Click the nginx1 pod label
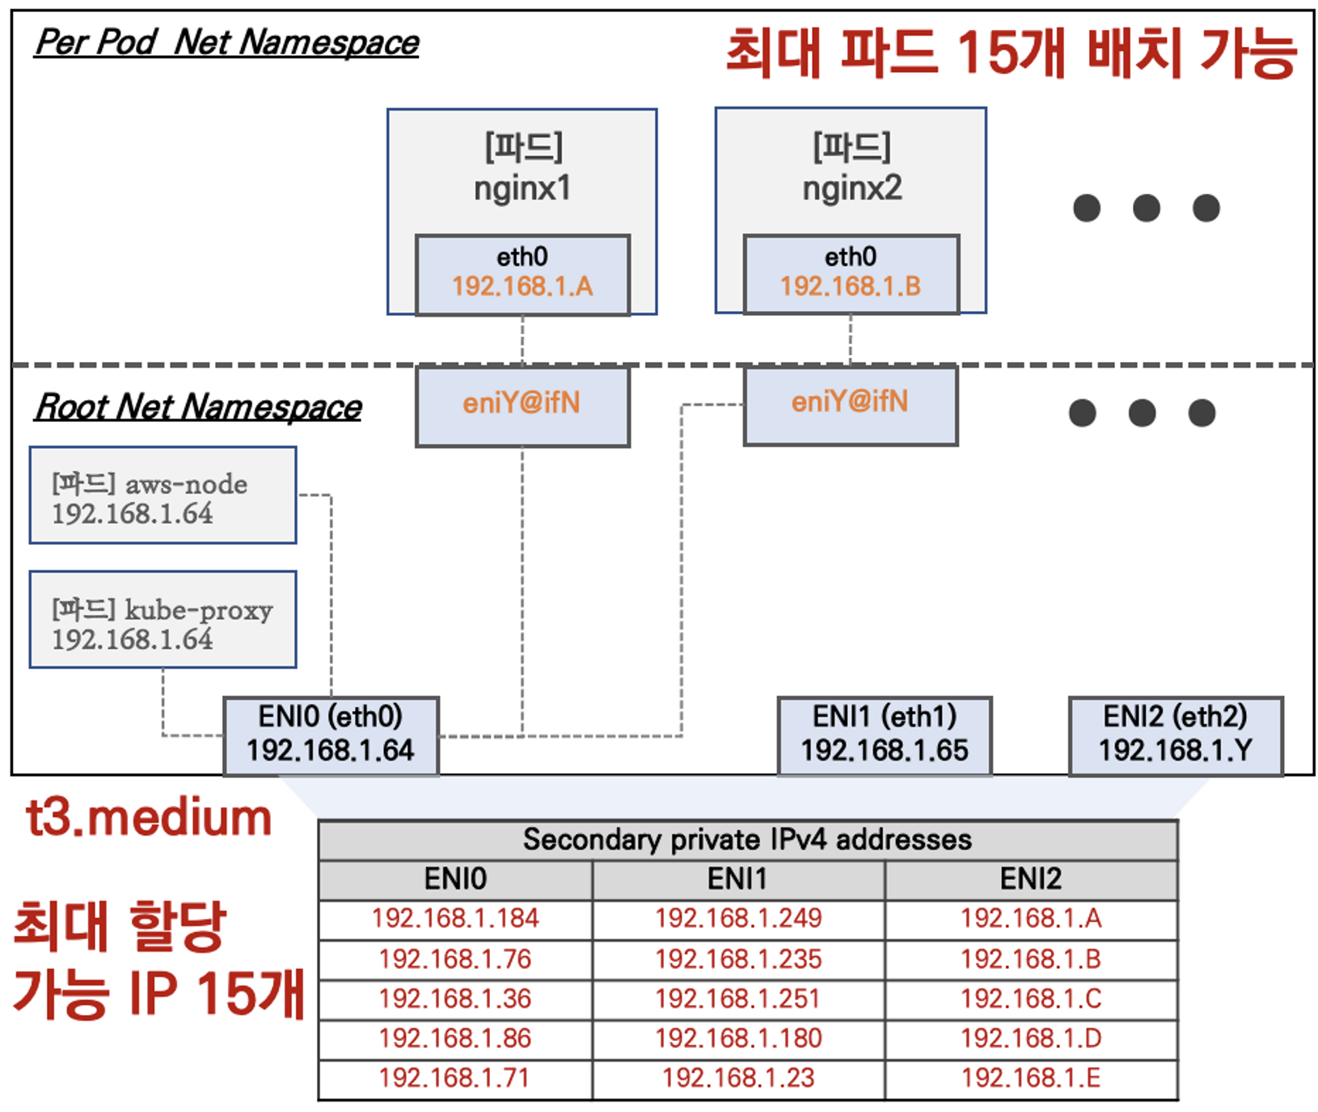(x=522, y=188)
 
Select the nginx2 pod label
(x=851, y=188)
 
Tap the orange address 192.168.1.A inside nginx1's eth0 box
(x=522, y=286)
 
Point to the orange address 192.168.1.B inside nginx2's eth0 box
(x=851, y=286)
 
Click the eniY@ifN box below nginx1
(x=522, y=404)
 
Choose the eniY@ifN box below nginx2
(x=851, y=402)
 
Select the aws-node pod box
(x=163, y=495)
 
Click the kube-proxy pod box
(x=163, y=620)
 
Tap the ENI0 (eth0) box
(x=331, y=735)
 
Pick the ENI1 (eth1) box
(x=885, y=735)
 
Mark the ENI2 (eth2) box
(x=1176, y=735)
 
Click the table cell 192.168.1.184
(x=455, y=919)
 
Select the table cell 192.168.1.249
(x=738, y=919)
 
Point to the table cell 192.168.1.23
(x=738, y=1078)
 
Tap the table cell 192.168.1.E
(x=1031, y=1078)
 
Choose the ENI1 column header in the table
(x=737, y=879)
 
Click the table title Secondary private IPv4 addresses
(x=747, y=840)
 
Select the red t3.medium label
(x=149, y=818)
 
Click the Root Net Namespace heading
(x=199, y=406)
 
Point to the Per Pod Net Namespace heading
(x=227, y=43)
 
